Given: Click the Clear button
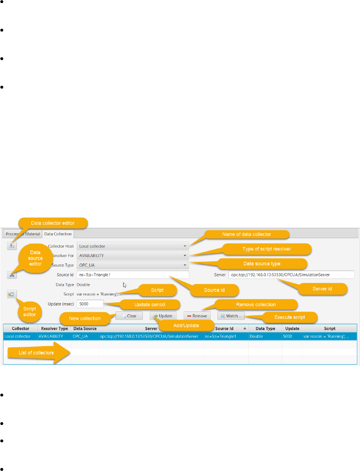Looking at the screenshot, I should point(129,316).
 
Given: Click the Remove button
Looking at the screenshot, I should point(197,316).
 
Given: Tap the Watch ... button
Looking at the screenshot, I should point(231,316).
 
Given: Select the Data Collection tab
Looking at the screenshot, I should point(58,234).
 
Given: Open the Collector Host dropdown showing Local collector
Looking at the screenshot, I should point(132,246).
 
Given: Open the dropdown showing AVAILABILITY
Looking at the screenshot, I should point(132,255).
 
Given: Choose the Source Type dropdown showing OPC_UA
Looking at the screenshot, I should point(132,265).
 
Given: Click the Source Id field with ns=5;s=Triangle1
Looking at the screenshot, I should point(132,275).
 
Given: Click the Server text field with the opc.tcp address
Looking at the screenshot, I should point(291,275).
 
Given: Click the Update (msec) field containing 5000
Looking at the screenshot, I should point(90,304).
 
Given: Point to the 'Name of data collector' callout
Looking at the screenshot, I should point(246,234).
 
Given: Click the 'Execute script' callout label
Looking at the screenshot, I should point(290,318).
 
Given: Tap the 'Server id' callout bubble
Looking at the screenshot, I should point(322,289).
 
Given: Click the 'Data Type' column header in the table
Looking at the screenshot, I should point(265,328).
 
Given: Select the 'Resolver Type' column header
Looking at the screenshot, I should point(54,328).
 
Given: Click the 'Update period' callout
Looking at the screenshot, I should point(150,304).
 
